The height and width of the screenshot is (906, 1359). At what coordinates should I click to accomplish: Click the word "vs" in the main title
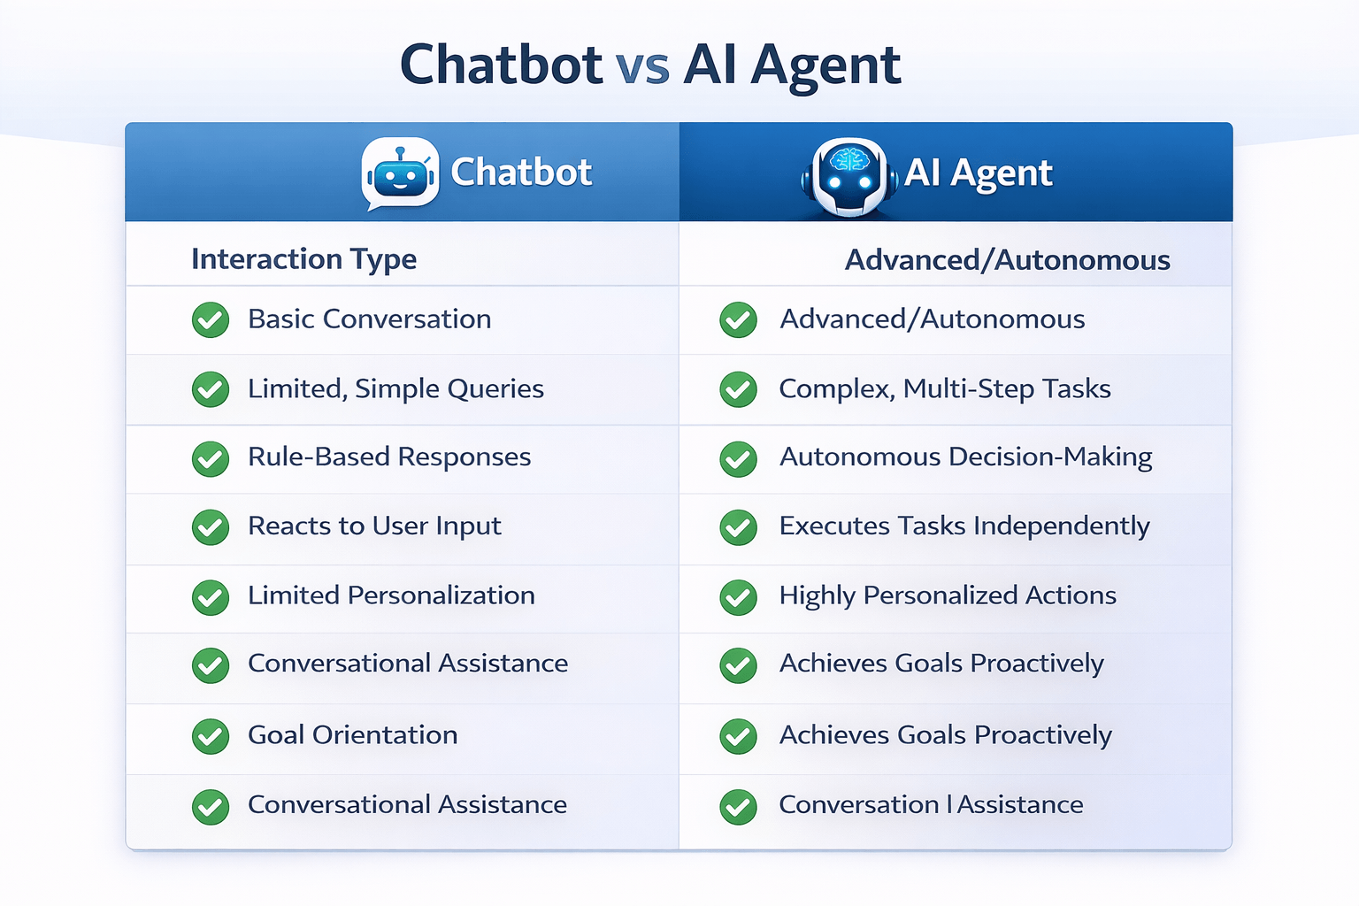(x=642, y=66)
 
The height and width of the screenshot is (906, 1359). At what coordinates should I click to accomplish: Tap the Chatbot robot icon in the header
(x=401, y=173)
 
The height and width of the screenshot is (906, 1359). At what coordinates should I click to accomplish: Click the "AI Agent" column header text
(x=978, y=173)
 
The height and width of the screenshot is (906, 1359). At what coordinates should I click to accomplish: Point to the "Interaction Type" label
(x=303, y=259)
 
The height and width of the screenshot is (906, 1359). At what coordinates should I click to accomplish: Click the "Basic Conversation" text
(x=369, y=319)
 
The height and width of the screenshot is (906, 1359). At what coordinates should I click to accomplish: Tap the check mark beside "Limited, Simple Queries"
(x=211, y=389)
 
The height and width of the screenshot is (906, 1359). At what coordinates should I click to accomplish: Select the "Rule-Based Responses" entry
(x=389, y=457)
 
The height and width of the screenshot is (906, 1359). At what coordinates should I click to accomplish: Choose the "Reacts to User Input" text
(x=374, y=526)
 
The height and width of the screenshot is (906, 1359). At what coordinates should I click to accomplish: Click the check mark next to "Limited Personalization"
(x=211, y=597)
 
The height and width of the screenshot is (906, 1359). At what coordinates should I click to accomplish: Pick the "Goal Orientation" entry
(x=352, y=735)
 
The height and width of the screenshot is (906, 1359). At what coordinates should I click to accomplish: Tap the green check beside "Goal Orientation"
(x=211, y=736)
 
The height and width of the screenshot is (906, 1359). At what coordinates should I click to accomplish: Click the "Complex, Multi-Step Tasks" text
(x=944, y=389)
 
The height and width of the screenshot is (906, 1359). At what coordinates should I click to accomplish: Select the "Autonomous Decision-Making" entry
(x=965, y=457)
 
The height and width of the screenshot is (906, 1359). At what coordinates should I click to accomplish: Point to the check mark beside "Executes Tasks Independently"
(x=738, y=527)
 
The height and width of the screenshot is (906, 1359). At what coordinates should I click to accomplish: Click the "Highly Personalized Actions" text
(x=948, y=595)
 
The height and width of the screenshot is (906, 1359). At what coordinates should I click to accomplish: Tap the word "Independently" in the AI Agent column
(x=1061, y=526)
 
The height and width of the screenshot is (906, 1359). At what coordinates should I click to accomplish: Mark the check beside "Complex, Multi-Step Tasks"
(x=738, y=389)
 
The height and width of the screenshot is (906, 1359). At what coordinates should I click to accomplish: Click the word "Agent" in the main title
(x=825, y=66)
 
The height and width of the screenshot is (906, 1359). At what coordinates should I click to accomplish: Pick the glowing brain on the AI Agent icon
(x=849, y=159)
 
